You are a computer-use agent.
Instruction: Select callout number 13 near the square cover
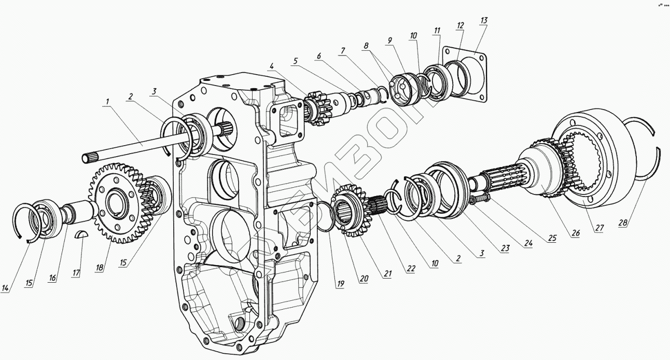(483, 20)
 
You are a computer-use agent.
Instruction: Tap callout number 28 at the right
(622, 223)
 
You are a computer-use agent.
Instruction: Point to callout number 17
(76, 273)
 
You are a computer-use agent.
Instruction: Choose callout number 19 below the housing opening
(340, 283)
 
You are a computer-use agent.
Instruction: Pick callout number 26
(575, 233)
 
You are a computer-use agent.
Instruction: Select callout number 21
(387, 274)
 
